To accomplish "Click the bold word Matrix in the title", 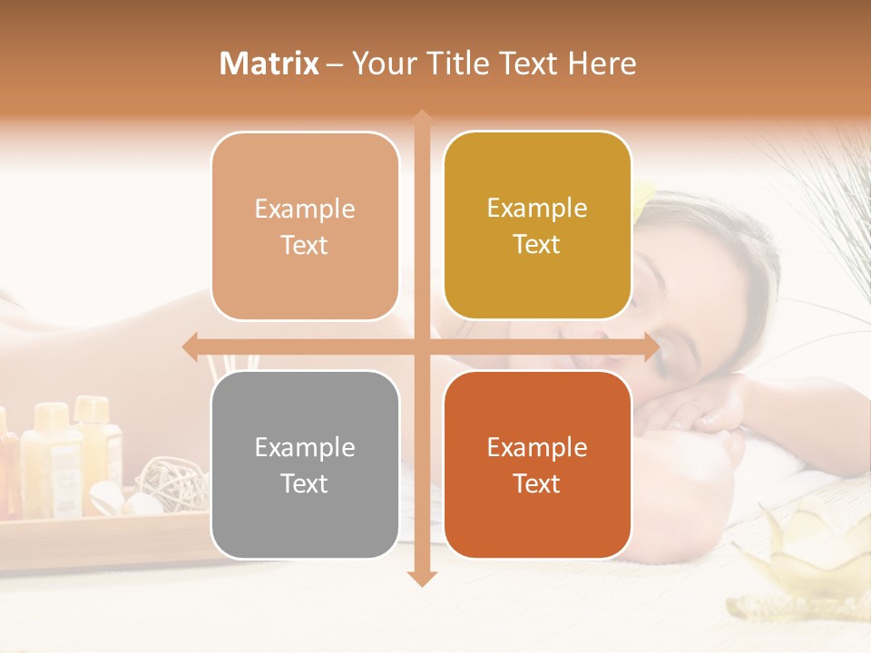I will tap(269, 63).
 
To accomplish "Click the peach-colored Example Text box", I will tap(305, 226).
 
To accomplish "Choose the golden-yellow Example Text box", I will tap(537, 226).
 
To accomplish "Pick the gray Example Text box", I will tap(305, 464).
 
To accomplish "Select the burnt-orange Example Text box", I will tap(537, 464).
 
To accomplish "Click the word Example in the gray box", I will tap(305, 447).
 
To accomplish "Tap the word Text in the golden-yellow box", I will tap(537, 244).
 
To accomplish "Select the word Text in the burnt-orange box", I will tap(537, 483).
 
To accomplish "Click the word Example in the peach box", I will tap(305, 209).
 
